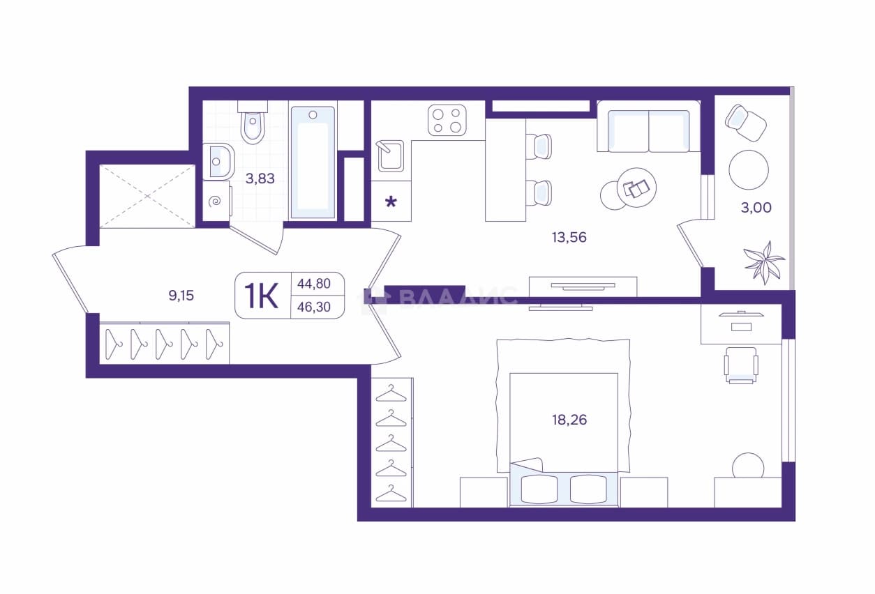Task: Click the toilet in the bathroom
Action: [x=253, y=122]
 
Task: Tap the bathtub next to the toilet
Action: [x=313, y=162]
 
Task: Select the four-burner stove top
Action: [x=447, y=120]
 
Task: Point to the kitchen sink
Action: [x=390, y=156]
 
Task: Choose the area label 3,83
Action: [x=260, y=178]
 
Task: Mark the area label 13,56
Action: [x=569, y=237]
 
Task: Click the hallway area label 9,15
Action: [x=181, y=296]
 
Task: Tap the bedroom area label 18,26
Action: [x=569, y=420]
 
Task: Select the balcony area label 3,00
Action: [x=756, y=208]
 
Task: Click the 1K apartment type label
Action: [x=261, y=296]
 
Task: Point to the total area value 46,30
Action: [x=314, y=307]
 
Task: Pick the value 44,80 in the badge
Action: [x=314, y=283]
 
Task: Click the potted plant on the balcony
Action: [x=764, y=261]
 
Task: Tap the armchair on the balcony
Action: [x=746, y=123]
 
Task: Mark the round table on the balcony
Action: [x=749, y=170]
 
